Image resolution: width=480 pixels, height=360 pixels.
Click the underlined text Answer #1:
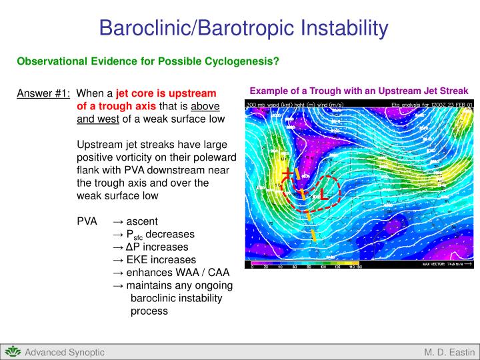pyautogui.click(x=44, y=93)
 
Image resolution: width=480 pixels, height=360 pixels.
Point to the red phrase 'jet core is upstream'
pyautogui.click(x=166, y=93)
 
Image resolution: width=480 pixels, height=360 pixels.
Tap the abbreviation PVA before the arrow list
pyautogui.click(x=87, y=221)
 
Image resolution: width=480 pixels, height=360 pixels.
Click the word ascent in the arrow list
pyautogui.click(x=142, y=221)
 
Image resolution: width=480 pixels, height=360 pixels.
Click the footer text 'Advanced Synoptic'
pyautogui.click(x=65, y=352)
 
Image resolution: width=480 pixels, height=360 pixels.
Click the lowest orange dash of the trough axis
pyautogui.click(x=313, y=235)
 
